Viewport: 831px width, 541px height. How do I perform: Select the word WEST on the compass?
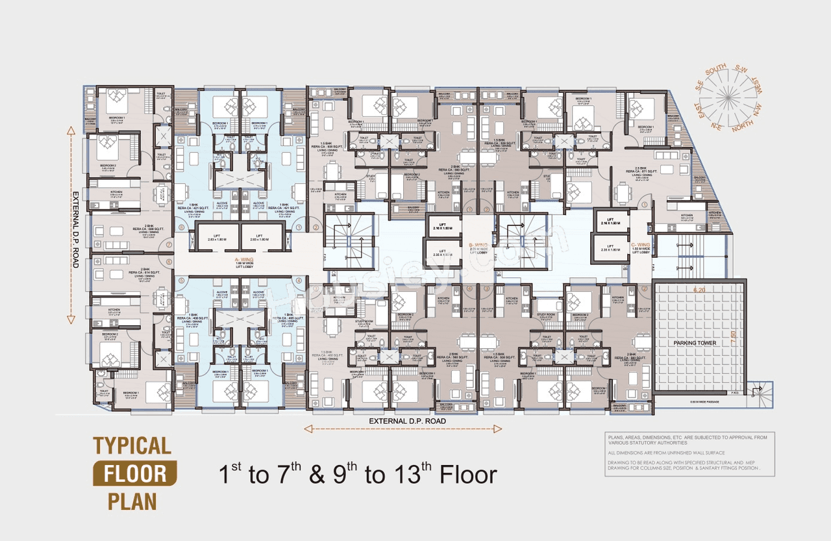pos(755,86)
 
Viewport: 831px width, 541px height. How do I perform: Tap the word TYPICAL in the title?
pos(132,446)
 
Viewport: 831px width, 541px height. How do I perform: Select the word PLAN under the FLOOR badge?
pos(132,501)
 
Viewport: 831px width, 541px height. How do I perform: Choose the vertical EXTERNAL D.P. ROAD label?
pos(75,229)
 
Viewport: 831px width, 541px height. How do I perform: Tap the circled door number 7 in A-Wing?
pos(169,245)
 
